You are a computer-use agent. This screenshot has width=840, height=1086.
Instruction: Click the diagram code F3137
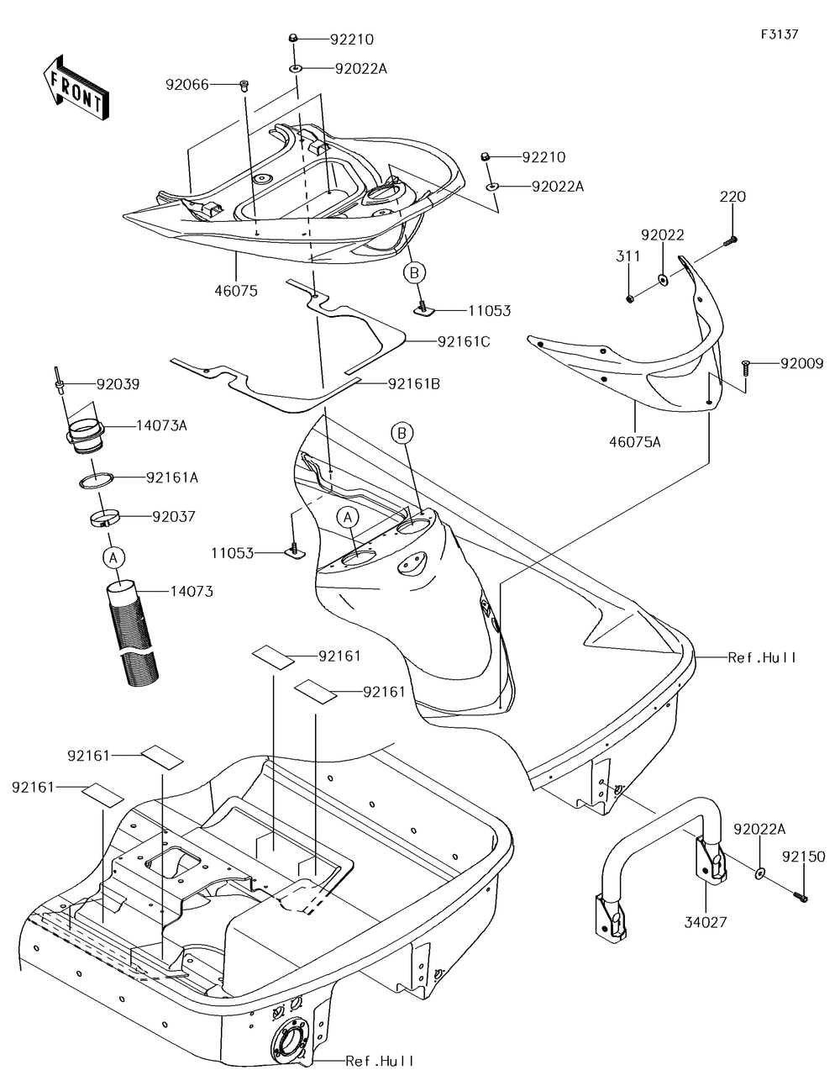coord(779,34)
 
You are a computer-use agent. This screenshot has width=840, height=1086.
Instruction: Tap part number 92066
coord(186,84)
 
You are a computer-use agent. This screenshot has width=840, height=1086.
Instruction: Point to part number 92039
coord(118,385)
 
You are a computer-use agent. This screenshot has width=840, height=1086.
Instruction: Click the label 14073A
coord(161,425)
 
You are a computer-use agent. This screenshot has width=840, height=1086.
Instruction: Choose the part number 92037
coord(173,516)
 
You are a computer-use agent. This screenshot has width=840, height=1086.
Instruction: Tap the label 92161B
coord(414,384)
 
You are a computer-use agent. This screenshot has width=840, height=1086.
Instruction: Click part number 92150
coord(804,857)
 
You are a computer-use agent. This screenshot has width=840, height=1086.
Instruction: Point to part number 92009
coord(801,364)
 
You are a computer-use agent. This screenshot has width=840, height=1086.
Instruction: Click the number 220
coord(732,197)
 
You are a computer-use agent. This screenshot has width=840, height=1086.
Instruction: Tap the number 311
coord(627,256)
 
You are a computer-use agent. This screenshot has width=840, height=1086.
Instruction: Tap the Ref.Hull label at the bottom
coord(380,1062)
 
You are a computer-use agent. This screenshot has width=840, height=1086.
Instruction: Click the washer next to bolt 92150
coord(759,874)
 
